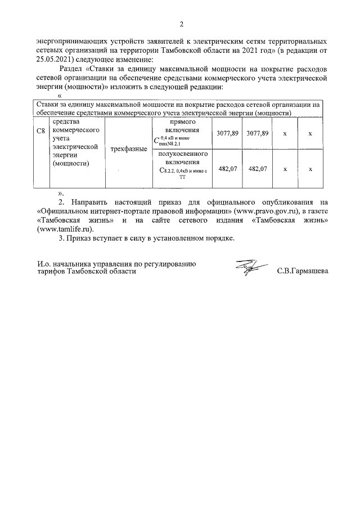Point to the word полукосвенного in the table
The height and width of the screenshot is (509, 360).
coord(183,154)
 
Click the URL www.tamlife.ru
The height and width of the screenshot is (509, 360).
coord(65,229)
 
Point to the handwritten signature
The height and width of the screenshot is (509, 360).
coord(246,268)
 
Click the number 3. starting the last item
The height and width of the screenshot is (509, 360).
coord(62,238)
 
